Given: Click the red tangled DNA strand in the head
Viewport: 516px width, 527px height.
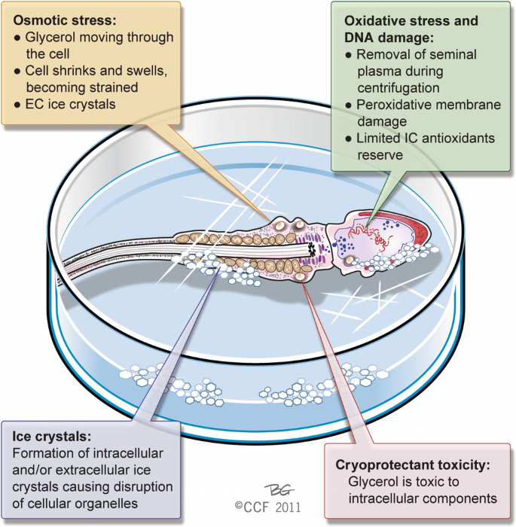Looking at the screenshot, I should click(x=386, y=239).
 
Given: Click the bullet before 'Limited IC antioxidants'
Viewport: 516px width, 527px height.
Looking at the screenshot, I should click(x=349, y=139).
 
